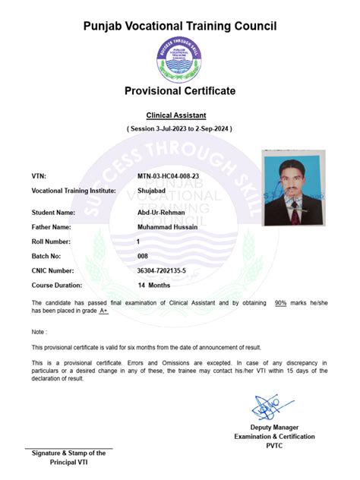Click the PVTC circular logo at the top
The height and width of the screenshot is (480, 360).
click(x=179, y=59)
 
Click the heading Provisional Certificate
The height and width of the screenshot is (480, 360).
click(x=180, y=91)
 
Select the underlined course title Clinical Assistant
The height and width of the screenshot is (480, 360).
click(x=179, y=115)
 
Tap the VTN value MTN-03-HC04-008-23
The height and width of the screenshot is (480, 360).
click(x=168, y=176)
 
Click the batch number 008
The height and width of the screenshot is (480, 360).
click(x=143, y=256)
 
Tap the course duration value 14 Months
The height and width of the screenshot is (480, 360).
click(x=153, y=285)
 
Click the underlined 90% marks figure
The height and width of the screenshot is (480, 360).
click(x=280, y=302)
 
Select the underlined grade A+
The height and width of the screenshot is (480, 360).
click(x=103, y=311)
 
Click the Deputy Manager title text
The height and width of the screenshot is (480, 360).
click(x=274, y=427)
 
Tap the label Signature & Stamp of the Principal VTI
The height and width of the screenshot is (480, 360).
click(x=68, y=457)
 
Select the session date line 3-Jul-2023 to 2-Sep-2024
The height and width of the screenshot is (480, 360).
click(x=179, y=129)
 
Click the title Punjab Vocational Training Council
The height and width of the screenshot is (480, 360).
click(x=180, y=27)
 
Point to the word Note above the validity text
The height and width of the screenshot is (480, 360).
click(x=39, y=332)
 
